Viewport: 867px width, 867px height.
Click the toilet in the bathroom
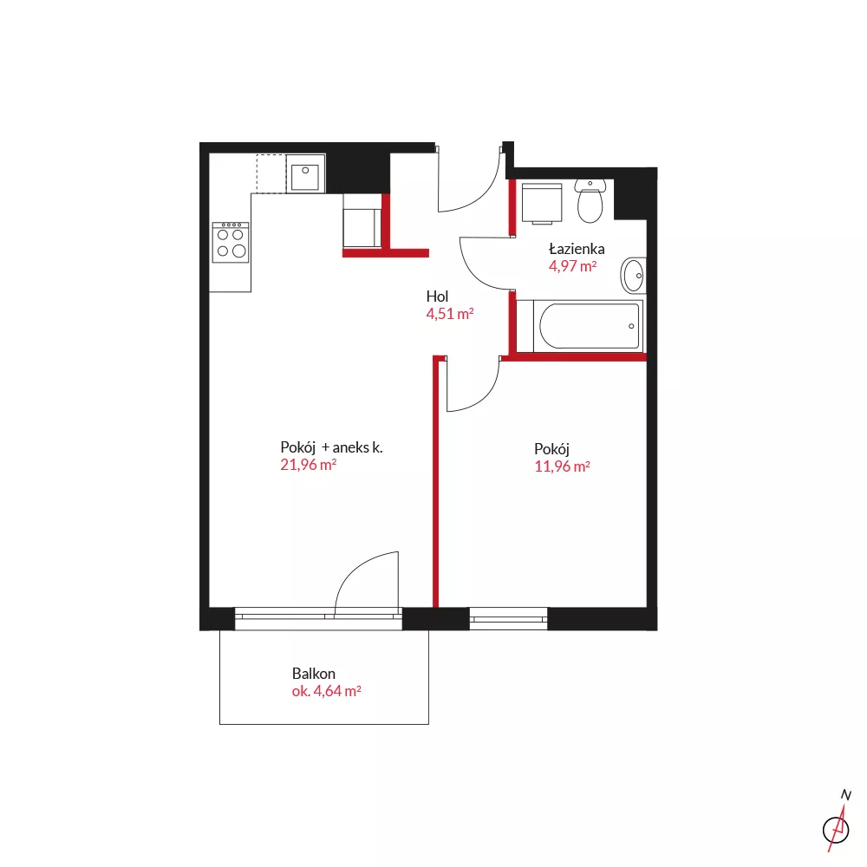(590, 201)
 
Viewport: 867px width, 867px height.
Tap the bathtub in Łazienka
(579, 326)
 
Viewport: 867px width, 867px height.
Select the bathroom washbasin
(633, 276)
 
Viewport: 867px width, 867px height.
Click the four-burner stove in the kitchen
(231, 242)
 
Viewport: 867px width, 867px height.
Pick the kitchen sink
(305, 173)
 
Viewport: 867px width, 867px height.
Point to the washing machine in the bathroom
(542, 204)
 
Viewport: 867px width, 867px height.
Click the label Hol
(437, 297)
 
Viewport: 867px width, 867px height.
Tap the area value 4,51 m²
(449, 314)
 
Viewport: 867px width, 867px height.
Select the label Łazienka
(577, 249)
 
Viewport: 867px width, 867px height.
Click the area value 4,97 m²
(572, 266)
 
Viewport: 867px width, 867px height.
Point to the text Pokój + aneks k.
(331, 447)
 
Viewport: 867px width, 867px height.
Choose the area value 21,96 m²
(308, 465)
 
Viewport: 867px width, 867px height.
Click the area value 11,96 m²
(562, 466)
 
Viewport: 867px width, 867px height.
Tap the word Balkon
(314, 674)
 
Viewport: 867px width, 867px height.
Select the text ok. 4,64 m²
(326, 691)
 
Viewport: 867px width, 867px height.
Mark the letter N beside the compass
(846, 794)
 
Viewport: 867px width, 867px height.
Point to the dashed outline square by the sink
(271, 173)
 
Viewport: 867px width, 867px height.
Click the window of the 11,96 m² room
(508, 619)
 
